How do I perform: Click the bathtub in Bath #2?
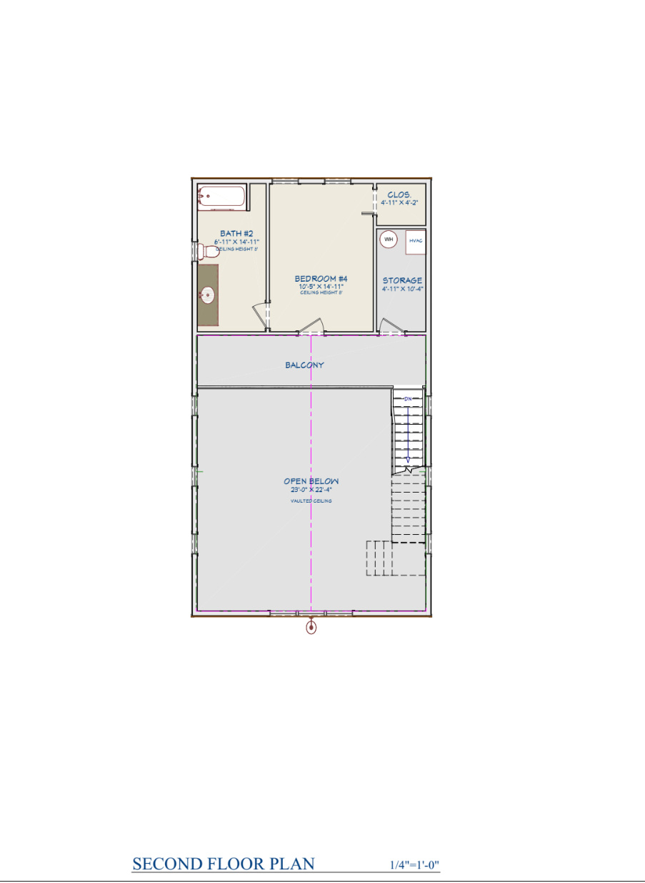coord(221,197)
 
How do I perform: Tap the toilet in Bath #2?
coord(209,251)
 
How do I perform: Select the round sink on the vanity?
coord(208,294)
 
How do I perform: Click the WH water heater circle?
coord(389,240)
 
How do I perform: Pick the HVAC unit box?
coord(416,241)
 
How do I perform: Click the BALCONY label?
coord(304,365)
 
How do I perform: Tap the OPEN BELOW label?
coord(311,481)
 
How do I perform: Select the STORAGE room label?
coord(402,280)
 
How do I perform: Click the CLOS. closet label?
coord(399,194)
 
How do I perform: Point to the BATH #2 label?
coord(236,233)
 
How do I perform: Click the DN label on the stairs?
coord(408,398)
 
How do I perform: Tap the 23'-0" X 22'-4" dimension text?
coord(311,490)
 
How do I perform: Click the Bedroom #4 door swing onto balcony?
coord(311,327)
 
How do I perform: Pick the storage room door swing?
coord(391,327)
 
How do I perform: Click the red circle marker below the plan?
coord(311,628)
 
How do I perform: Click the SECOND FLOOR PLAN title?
coord(224,864)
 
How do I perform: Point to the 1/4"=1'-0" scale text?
coord(414,865)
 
